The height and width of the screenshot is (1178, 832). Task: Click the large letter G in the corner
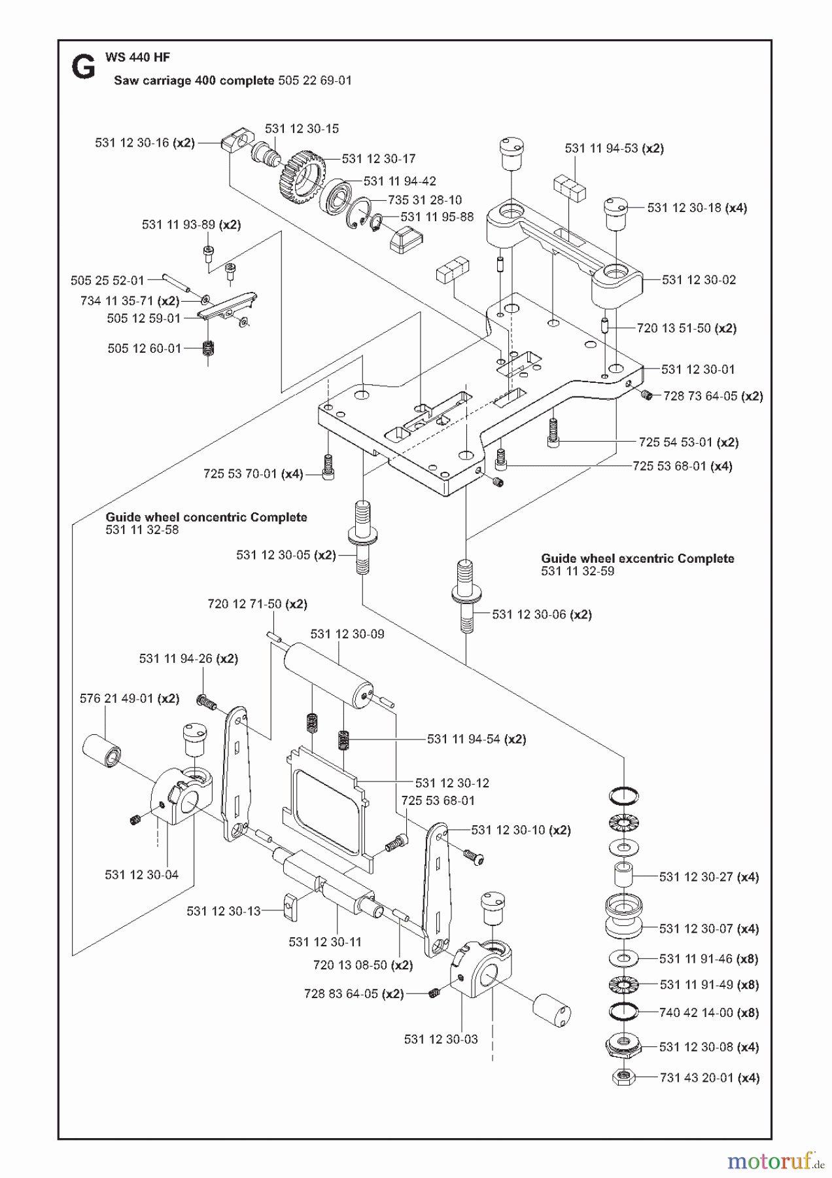(x=83, y=67)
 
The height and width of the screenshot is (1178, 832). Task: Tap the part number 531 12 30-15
(x=302, y=129)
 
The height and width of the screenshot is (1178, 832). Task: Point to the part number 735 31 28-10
(x=425, y=200)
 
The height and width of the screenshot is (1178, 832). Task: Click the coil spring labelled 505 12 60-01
(x=209, y=349)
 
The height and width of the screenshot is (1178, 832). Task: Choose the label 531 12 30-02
(x=699, y=280)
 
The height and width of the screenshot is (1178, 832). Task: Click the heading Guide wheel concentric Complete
(x=206, y=517)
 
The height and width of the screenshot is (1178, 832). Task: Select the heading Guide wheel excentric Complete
(x=637, y=558)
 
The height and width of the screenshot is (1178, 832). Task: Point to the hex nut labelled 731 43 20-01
(x=623, y=1077)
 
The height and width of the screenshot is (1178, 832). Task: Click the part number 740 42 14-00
(x=696, y=1012)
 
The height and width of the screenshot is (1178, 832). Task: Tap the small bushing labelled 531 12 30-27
(x=623, y=874)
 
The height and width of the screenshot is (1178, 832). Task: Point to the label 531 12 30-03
(x=441, y=1039)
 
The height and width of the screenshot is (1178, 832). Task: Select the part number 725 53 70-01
(x=240, y=473)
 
